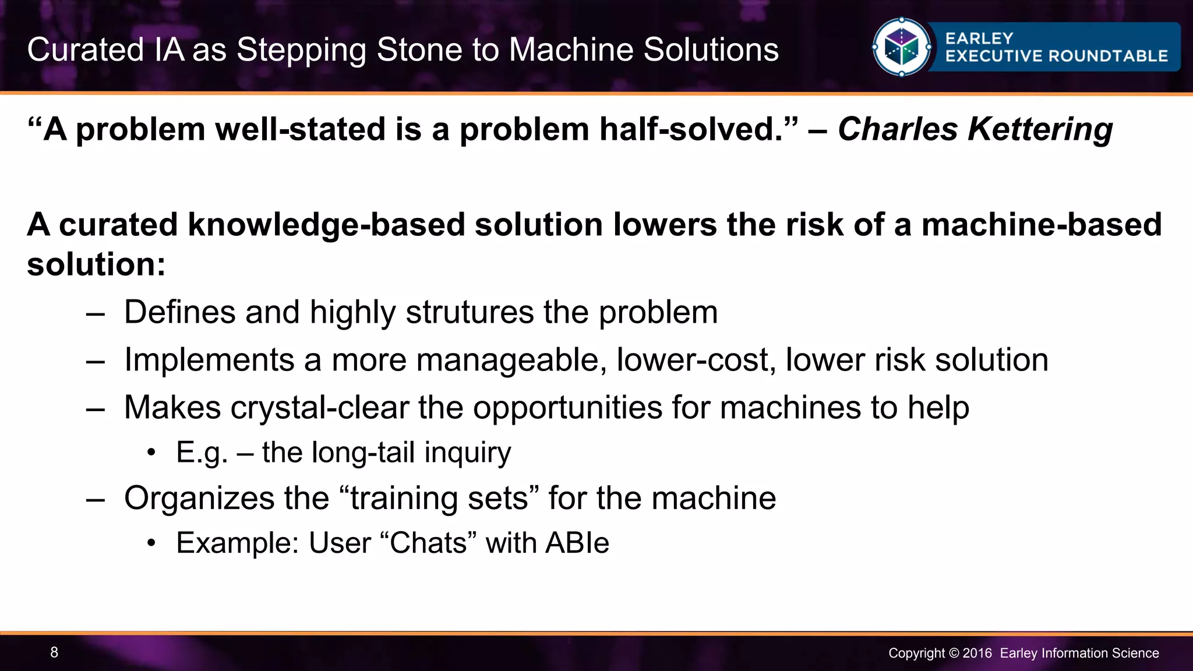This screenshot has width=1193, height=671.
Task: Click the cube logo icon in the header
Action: coord(901,48)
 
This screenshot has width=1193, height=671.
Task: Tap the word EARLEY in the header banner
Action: coord(979,38)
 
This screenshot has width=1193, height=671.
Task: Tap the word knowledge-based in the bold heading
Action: coord(326,225)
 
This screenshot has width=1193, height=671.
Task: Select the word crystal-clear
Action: coord(319,407)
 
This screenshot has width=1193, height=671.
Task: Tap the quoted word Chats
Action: coord(429,543)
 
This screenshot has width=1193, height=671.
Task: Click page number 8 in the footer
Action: coord(54,652)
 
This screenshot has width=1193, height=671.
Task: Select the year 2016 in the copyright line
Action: coord(977,653)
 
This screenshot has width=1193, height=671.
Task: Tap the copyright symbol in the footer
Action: coord(954,653)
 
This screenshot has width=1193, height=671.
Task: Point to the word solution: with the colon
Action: coord(96,265)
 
